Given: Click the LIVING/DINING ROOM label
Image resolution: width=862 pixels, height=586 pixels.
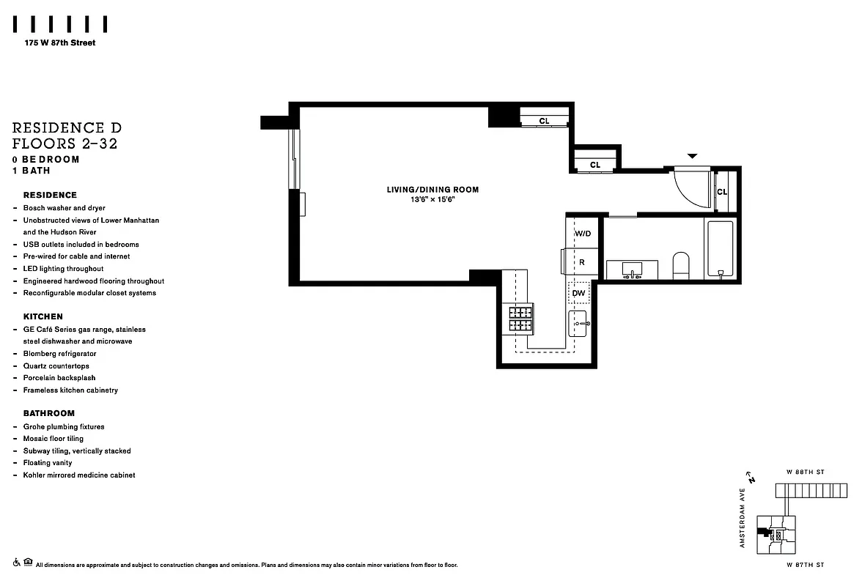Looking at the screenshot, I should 432,190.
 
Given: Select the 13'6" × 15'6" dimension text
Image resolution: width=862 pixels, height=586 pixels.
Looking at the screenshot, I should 432,200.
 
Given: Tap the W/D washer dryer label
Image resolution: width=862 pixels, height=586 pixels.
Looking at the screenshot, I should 583,234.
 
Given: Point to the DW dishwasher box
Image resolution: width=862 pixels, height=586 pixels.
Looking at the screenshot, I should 579,293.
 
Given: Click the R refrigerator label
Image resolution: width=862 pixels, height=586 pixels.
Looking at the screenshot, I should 582,262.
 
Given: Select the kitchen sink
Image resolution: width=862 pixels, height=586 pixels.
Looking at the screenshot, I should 578,322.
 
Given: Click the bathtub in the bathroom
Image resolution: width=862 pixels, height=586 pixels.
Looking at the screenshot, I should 720,249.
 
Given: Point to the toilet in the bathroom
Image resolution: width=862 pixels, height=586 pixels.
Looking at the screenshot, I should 681,264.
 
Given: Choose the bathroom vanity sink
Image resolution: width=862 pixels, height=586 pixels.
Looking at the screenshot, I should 632,270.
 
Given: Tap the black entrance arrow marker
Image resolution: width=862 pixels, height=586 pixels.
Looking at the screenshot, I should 692,156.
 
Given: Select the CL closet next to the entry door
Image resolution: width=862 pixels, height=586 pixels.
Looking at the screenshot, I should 722,192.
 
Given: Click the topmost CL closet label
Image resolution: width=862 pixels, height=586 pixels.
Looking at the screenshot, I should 544,121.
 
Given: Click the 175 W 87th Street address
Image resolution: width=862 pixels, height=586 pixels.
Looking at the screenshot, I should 59,42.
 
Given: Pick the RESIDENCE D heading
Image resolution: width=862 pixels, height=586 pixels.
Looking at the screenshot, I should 67,127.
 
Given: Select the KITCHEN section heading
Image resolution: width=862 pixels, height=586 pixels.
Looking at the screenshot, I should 43,316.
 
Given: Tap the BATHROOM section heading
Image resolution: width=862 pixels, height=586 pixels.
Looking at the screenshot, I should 49,413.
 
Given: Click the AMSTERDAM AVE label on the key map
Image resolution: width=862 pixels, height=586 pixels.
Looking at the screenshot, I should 743,519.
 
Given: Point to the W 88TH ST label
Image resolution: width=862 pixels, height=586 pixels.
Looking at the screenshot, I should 806,472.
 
